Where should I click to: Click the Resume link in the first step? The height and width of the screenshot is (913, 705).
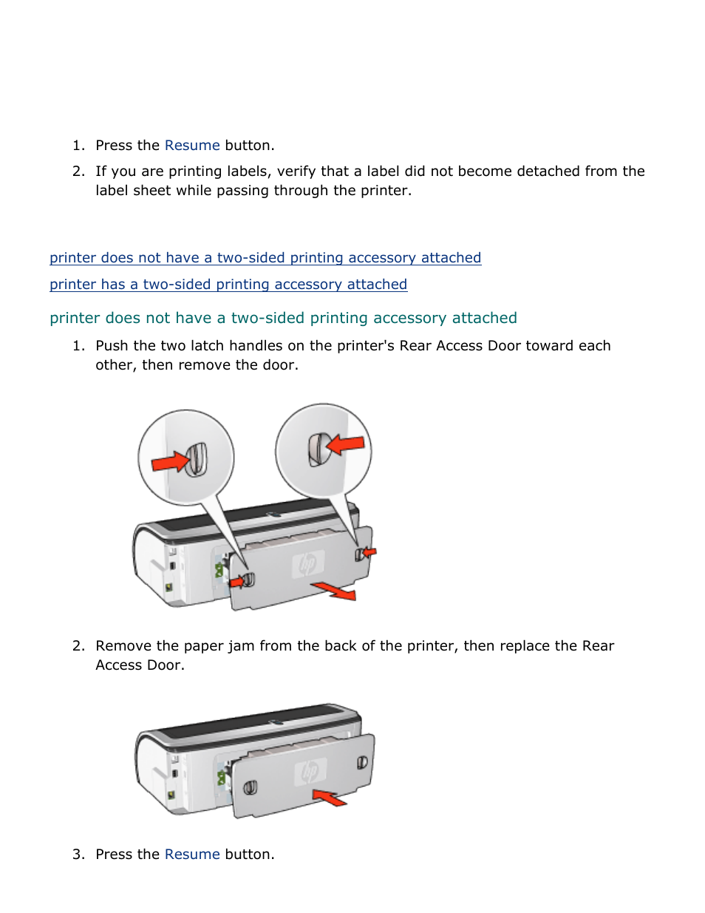pos(192,146)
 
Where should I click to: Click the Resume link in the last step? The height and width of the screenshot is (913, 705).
pos(192,855)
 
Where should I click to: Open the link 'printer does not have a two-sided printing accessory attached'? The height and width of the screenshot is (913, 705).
pos(265,258)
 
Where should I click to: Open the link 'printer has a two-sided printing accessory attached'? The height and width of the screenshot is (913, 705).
pos(228,285)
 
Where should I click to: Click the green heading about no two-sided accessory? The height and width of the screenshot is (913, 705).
pos(283,319)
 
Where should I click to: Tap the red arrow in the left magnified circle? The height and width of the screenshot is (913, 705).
pos(171,463)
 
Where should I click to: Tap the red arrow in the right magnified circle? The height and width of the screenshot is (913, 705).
pos(346,444)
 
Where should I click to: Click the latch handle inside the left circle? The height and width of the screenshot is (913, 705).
pos(197,459)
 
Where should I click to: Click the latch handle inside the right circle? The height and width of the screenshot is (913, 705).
pos(319,449)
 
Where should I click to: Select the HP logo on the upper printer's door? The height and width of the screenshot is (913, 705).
pos(307,565)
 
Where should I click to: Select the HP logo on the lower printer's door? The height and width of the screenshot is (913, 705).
pos(310,773)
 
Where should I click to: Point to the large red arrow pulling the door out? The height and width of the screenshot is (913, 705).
pos(334,591)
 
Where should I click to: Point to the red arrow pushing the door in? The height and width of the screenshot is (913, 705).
pos(330,798)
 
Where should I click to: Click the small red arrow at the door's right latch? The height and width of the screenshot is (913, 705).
pos(369,551)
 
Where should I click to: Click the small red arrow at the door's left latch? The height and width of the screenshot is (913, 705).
pos(237,582)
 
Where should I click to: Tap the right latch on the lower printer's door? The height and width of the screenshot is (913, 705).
pos(362,762)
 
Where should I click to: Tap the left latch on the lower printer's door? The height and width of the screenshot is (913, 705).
pos(251,787)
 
